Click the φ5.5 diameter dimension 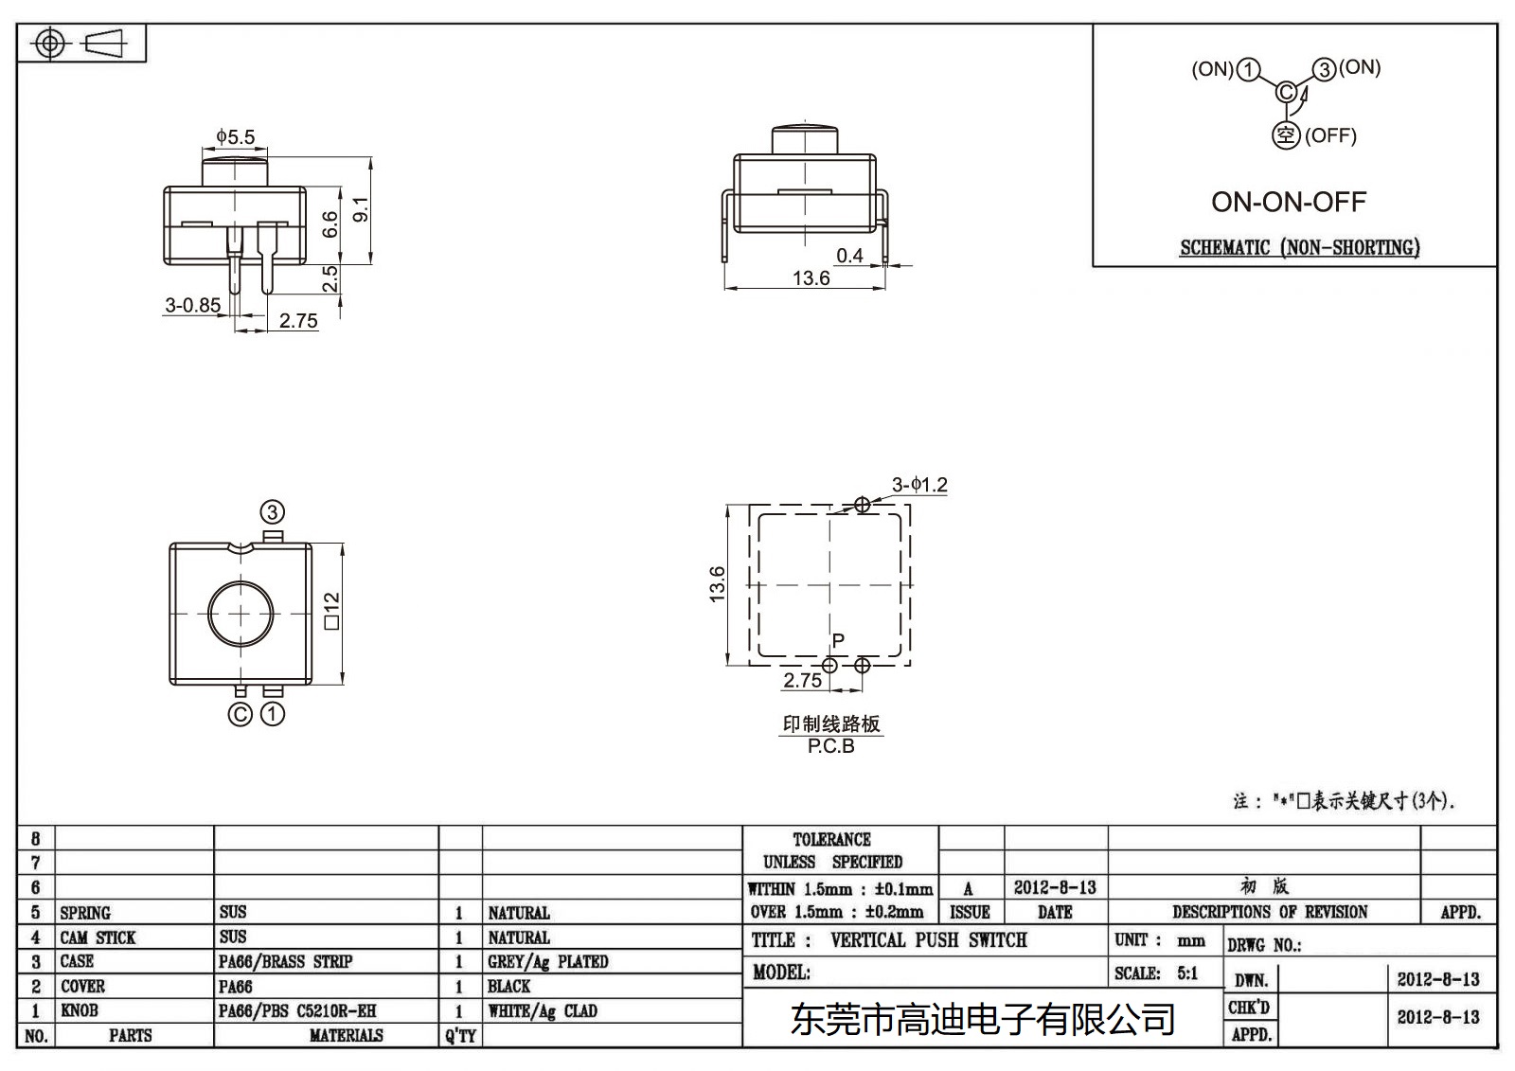(235, 137)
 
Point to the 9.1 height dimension (360, 210)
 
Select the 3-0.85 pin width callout (192, 305)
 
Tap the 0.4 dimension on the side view (849, 256)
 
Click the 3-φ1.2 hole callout (918, 485)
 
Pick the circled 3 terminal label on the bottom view (273, 512)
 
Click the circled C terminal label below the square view (241, 714)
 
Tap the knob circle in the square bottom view (241, 614)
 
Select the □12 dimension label (331, 611)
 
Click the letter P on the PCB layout (838, 641)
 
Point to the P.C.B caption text (831, 746)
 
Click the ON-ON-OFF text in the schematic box (1289, 202)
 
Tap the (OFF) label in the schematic (1330, 135)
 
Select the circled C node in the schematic (1285, 93)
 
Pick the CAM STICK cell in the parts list (98, 937)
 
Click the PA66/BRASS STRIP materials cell (285, 961)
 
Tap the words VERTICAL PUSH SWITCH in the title (928, 940)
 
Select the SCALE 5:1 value (1186, 973)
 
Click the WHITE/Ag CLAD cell (542, 1010)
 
